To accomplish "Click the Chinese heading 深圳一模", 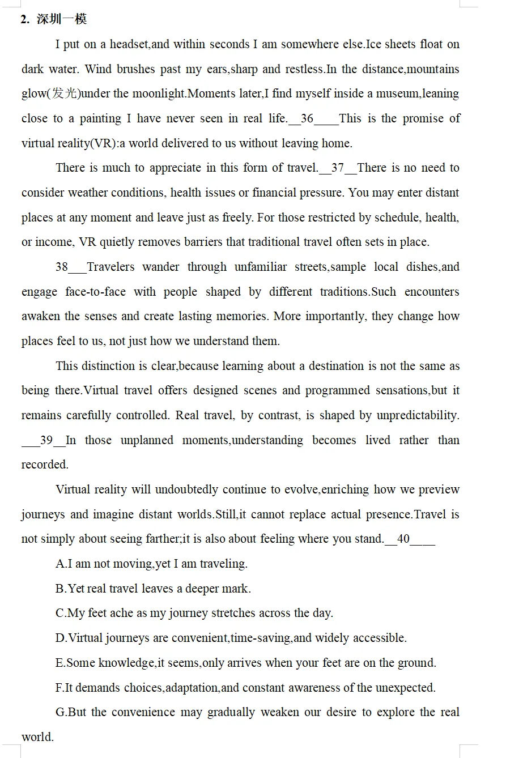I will click(62, 19).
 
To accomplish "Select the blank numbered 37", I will click(338, 168).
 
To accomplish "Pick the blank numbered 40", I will click(409, 539).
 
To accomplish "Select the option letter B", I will click(60, 589).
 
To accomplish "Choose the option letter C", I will click(60, 613).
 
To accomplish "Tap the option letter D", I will click(60, 638).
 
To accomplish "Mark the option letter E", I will click(59, 663).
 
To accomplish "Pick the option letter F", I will click(59, 688).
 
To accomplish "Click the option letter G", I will click(60, 712).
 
